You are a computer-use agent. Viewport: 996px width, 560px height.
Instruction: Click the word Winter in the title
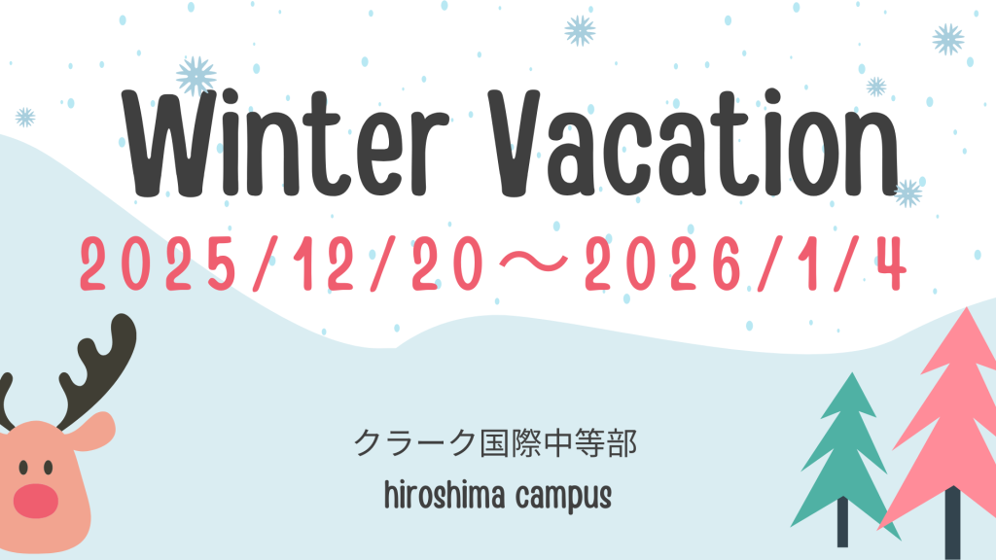pyautogui.click(x=286, y=143)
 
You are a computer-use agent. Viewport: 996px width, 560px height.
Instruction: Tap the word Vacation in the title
pyautogui.click(x=694, y=143)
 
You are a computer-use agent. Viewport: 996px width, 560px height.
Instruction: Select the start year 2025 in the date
pyautogui.click(x=159, y=263)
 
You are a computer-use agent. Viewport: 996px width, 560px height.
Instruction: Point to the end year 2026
pyautogui.click(x=663, y=263)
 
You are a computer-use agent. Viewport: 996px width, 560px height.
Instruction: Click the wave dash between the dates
pyautogui.click(x=534, y=262)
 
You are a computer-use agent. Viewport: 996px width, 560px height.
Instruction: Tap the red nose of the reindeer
pyautogui.click(x=36, y=501)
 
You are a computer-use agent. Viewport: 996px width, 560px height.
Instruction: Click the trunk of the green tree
pyautogui.click(x=843, y=522)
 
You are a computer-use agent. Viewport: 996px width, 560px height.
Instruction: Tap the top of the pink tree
pyautogui.click(x=967, y=308)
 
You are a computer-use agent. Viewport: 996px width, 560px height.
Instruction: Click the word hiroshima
pyautogui.click(x=445, y=495)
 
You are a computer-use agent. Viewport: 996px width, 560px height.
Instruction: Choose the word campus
pyautogui.click(x=564, y=497)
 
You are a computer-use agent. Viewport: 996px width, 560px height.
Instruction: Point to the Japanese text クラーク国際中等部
pyautogui.click(x=495, y=442)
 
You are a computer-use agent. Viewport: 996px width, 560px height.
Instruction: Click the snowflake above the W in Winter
pyautogui.click(x=196, y=76)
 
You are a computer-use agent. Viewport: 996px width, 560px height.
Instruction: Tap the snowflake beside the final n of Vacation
pyautogui.click(x=908, y=193)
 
